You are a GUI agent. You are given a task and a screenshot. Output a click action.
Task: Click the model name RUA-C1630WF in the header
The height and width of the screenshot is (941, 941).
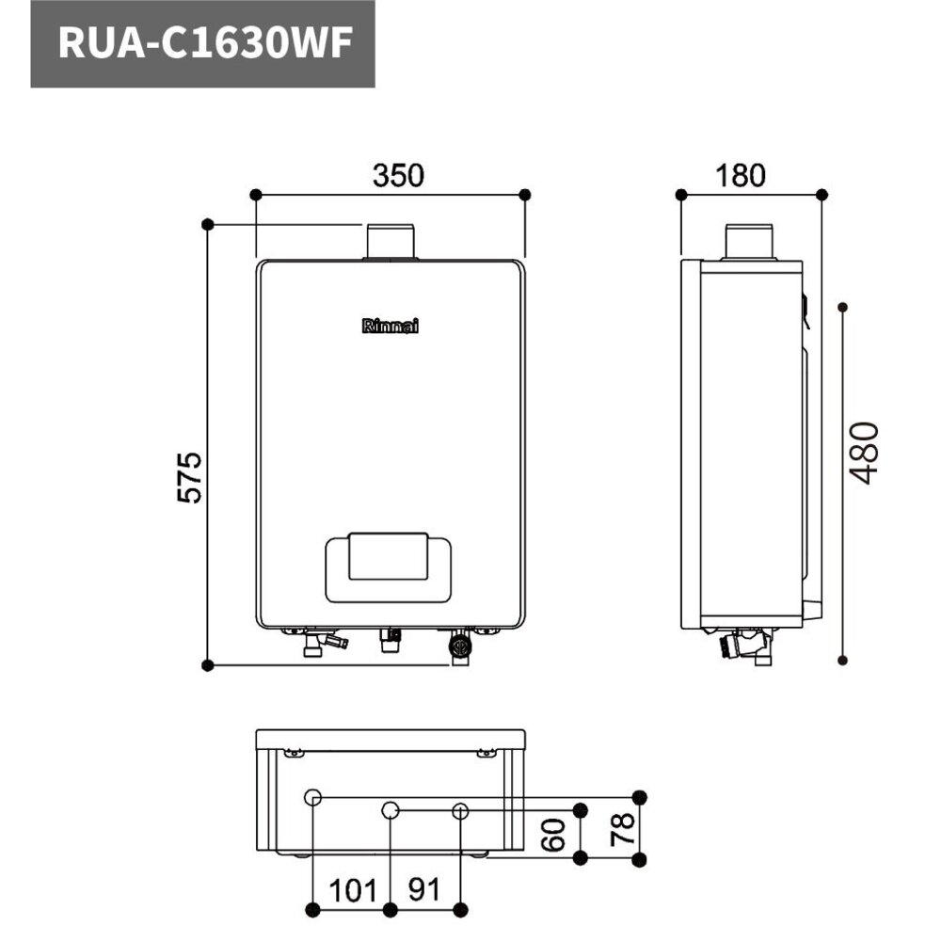pos(202,44)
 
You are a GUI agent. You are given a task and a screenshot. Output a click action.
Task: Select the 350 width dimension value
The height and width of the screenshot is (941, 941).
pos(398,176)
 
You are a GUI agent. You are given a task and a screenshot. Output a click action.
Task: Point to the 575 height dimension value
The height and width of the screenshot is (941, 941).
pos(190,477)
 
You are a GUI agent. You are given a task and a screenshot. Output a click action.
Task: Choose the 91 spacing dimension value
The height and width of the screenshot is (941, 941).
pos(424,889)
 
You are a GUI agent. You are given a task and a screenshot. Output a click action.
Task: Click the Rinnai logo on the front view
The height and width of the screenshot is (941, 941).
pos(391,326)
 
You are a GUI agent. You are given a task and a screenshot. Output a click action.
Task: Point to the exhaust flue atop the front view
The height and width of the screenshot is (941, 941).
pos(390,241)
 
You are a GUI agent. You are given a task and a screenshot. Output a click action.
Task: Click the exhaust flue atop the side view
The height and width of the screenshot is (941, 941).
pos(748,241)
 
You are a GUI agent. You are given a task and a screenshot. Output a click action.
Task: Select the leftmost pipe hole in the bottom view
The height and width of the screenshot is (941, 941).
pos(313,798)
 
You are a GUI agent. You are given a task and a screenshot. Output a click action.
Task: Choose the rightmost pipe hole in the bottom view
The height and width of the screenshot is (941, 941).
pos(460,809)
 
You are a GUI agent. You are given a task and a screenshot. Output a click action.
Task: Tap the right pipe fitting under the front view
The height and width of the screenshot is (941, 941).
pos(459,647)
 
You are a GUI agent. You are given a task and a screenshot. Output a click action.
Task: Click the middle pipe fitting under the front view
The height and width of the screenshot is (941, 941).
pos(390,640)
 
